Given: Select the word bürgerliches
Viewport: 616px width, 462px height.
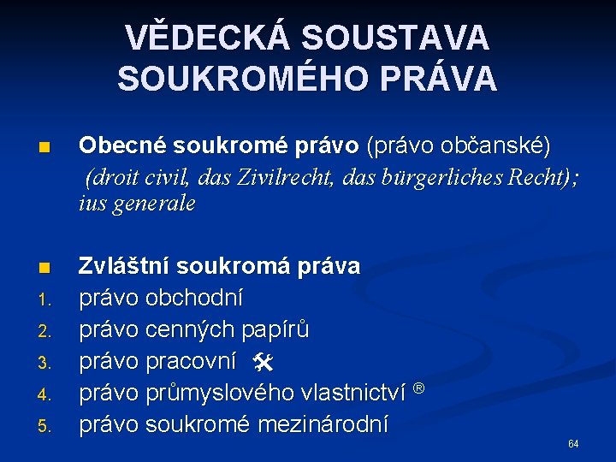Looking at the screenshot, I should [x=429, y=177].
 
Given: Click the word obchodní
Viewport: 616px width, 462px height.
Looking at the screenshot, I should [x=195, y=299].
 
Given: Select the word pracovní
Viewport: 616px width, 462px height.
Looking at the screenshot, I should [x=191, y=362].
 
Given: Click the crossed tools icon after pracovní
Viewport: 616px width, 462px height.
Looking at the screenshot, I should [x=262, y=363].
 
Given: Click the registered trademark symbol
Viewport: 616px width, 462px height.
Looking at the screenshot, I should [x=419, y=388].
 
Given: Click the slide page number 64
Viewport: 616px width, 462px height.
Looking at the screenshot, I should [x=573, y=444].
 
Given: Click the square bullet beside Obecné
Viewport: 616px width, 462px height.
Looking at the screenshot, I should [x=48, y=148].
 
